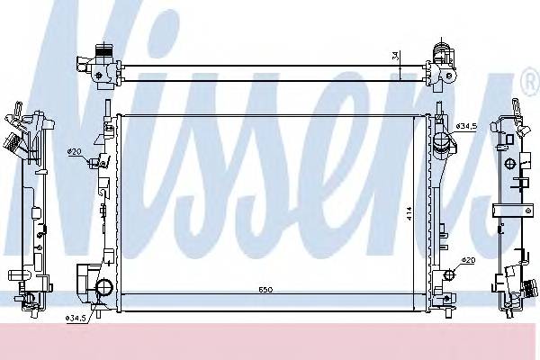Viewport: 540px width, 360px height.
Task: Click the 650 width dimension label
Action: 266,290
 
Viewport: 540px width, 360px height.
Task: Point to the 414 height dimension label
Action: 409,213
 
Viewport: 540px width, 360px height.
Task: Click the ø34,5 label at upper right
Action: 466,126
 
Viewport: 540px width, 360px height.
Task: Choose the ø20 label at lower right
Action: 467,261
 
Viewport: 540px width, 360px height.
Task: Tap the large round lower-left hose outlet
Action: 103,288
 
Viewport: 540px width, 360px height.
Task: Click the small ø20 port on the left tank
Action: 94,163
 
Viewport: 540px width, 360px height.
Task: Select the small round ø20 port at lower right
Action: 447,274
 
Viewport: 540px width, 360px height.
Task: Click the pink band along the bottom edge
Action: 270,342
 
